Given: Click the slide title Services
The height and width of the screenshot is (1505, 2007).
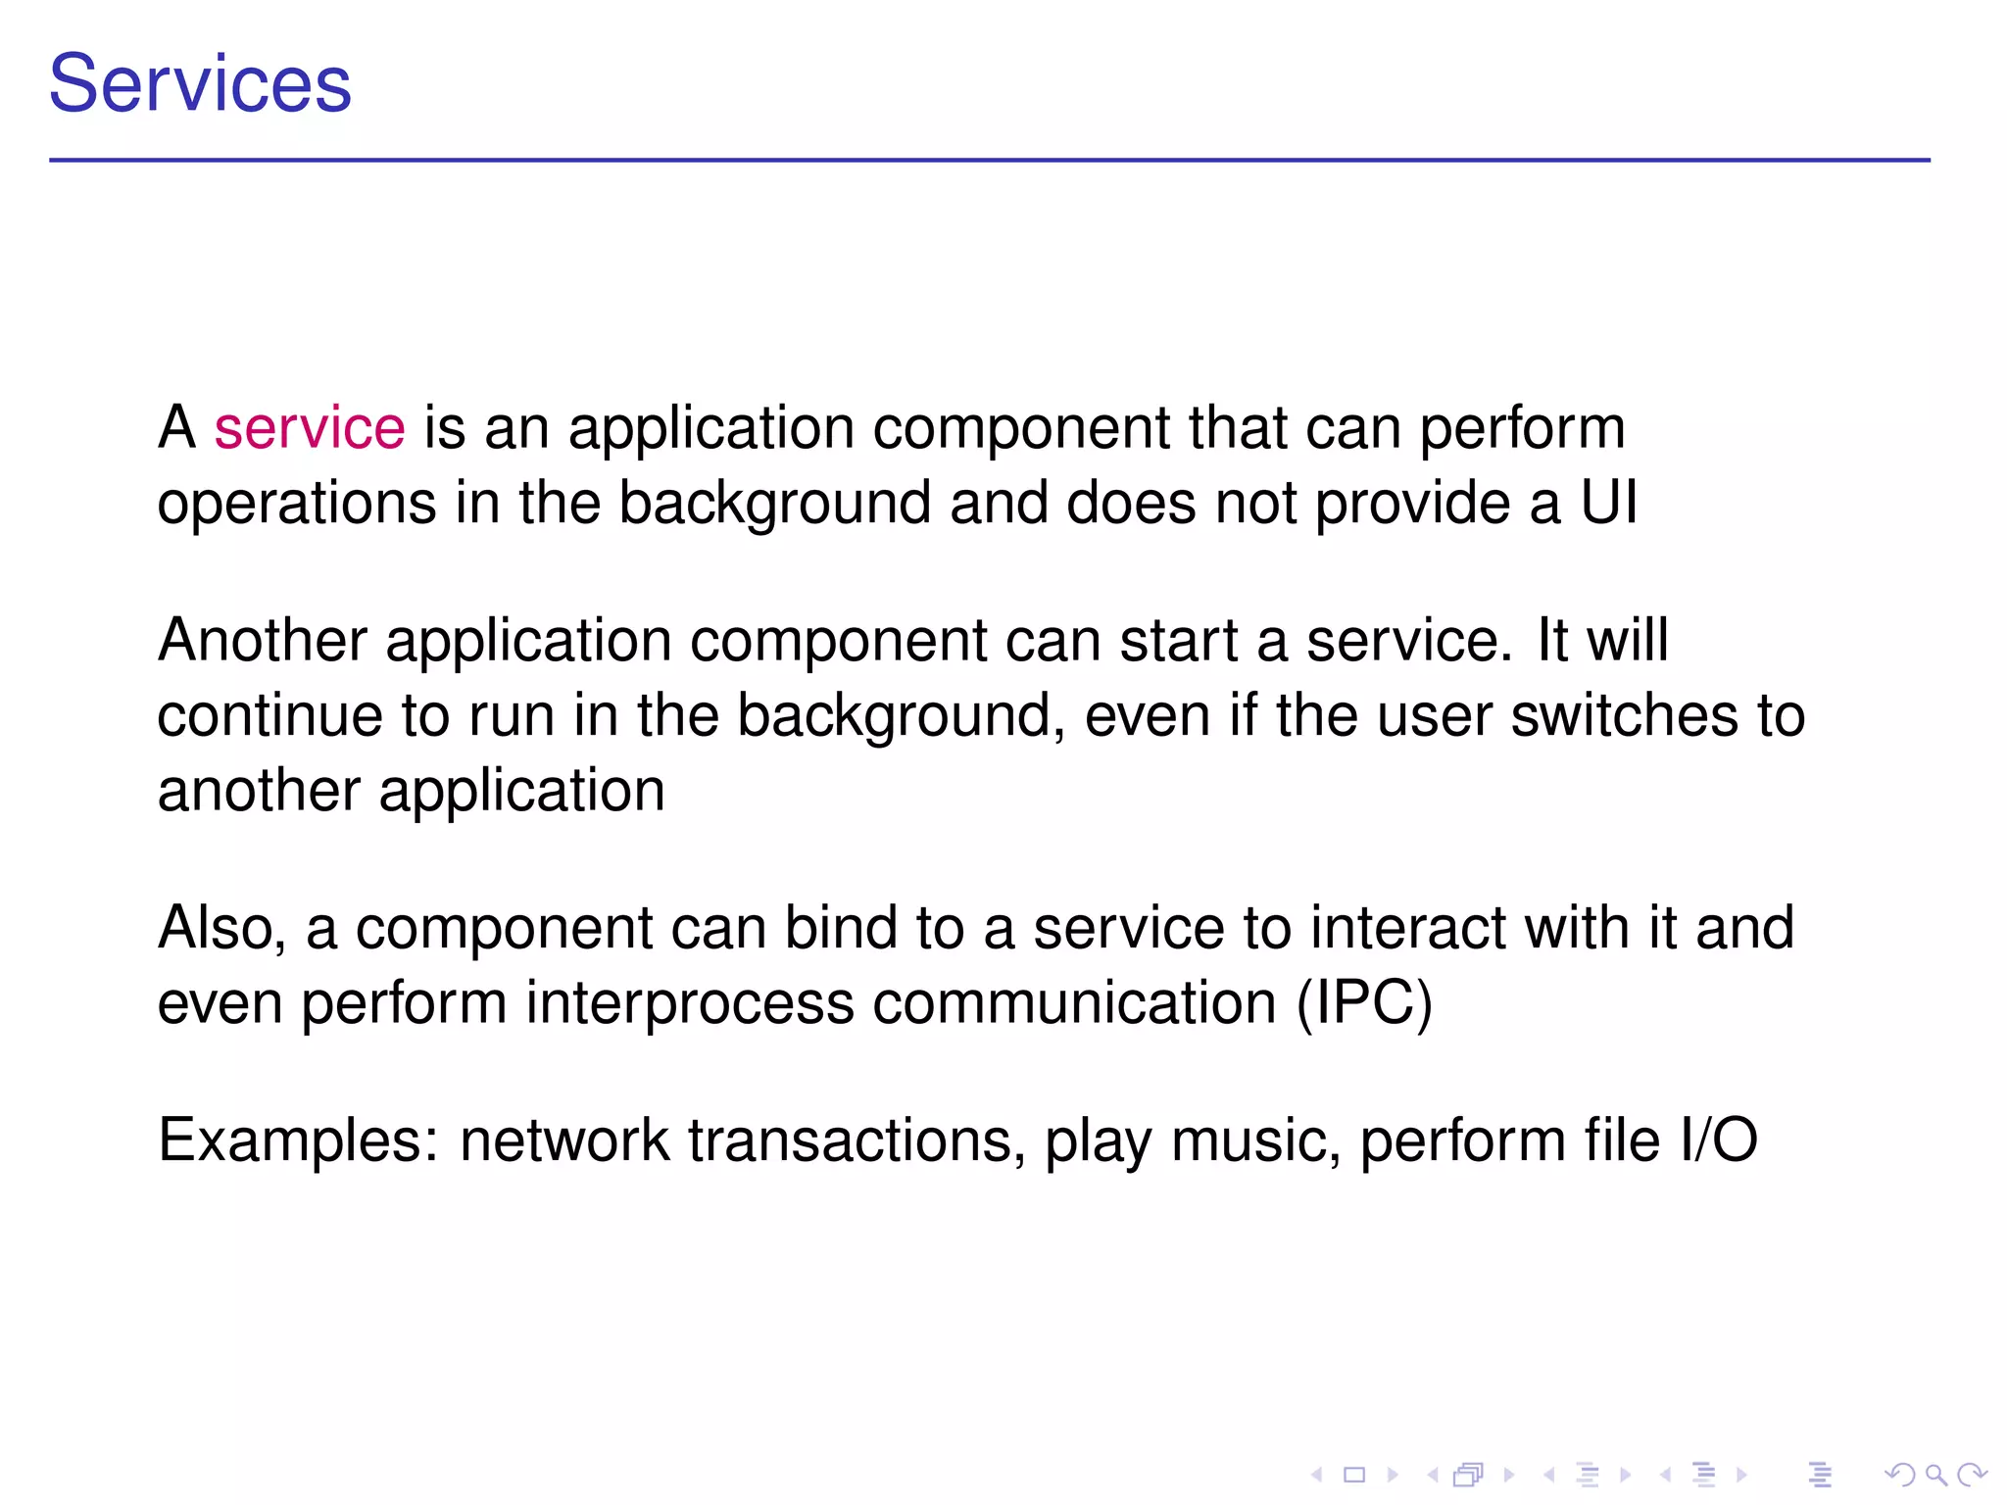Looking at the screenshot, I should click(x=200, y=84).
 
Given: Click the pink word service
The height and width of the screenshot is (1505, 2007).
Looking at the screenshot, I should click(x=310, y=428).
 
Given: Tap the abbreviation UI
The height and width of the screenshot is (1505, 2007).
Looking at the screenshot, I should click(x=1608, y=503).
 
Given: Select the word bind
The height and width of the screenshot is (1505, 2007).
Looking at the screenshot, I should click(x=840, y=928).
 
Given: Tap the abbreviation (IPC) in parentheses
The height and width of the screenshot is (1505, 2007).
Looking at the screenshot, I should click(x=1364, y=1003).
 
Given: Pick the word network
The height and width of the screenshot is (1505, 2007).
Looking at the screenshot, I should click(x=564, y=1141).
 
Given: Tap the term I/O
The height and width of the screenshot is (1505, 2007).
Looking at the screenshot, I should click(x=1719, y=1141).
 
